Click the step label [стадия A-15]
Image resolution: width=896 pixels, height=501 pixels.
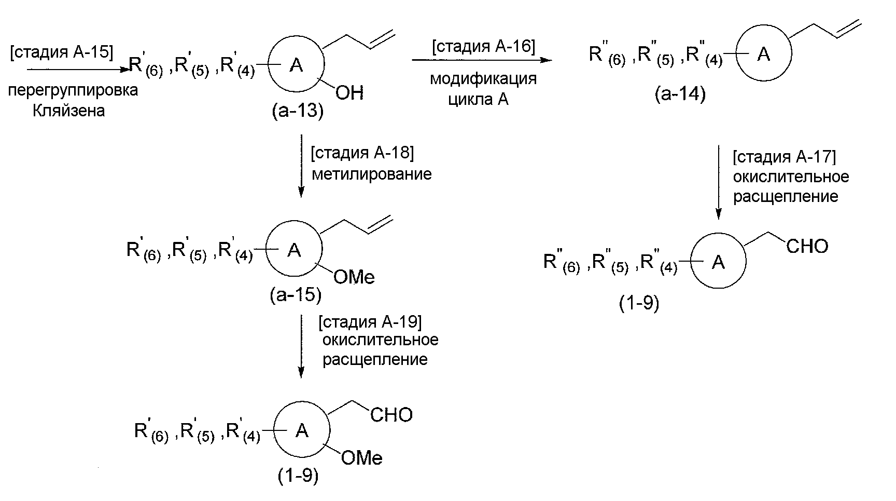(x=61, y=52)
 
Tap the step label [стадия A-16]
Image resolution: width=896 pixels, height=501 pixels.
(x=483, y=46)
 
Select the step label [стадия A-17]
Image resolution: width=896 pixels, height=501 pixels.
(x=784, y=157)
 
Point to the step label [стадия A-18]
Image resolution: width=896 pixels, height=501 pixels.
(x=362, y=154)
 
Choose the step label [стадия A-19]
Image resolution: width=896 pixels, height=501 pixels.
(x=370, y=322)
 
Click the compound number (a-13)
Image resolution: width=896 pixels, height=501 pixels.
(x=298, y=111)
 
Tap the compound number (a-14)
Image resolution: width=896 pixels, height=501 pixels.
(x=680, y=94)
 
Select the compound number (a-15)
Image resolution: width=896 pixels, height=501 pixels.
(x=296, y=295)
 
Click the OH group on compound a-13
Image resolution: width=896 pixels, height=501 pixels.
(x=349, y=93)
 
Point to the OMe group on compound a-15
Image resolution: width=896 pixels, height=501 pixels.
(x=354, y=277)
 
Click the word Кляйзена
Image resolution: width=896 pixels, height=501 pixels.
(x=68, y=111)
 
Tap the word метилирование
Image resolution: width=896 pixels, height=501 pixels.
(x=371, y=174)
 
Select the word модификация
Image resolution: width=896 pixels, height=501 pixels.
(x=483, y=79)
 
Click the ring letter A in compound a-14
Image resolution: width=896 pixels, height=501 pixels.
(x=763, y=54)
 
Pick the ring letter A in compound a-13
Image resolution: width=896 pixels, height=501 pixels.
(x=296, y=65)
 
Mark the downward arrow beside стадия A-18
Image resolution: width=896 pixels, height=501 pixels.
(x=301, y=166)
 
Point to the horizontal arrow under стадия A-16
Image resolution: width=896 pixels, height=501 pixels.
(x=482, y=60)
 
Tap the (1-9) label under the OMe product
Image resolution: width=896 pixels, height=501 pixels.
(x=298, y=476)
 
